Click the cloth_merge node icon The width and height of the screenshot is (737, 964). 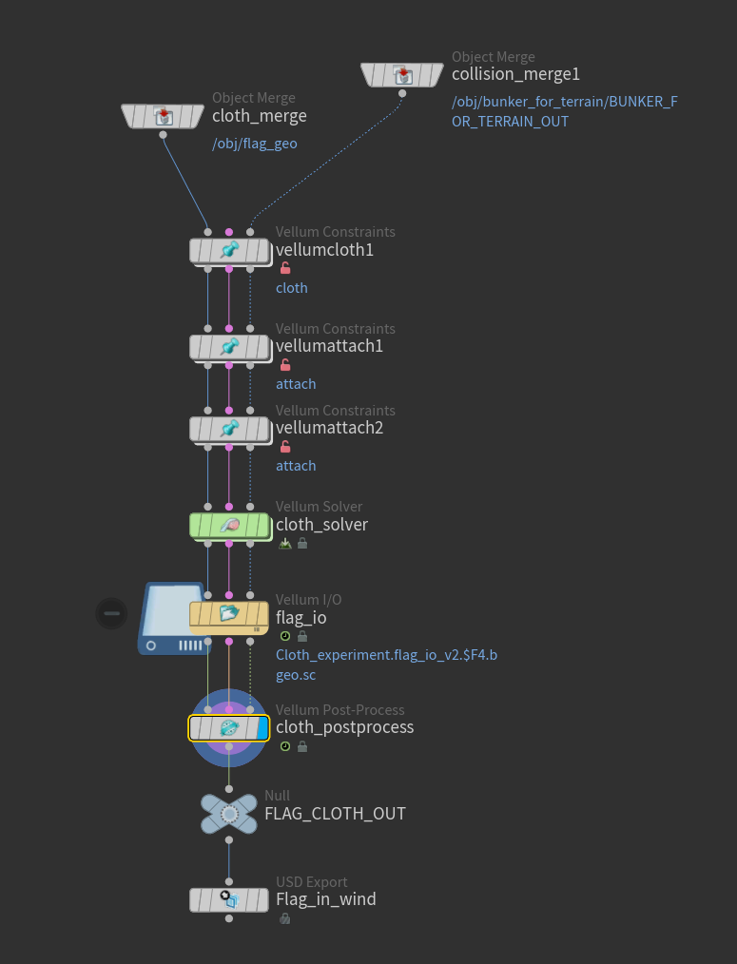point(163,116)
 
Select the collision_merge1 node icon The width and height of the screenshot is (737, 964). point(402,74)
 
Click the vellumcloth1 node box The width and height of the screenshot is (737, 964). point(229,250)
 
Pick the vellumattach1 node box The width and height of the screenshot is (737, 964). point(229,347)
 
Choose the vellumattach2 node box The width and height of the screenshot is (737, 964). point(229,429)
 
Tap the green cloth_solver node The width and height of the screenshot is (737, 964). point(229,525)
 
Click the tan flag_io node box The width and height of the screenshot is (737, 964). point(229,616)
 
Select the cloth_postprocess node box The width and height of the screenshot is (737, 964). point(229,728)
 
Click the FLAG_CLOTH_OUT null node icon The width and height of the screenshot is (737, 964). point(229,814)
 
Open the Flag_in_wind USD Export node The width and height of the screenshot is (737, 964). point(229,899)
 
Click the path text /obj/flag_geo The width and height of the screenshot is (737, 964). point(255,145)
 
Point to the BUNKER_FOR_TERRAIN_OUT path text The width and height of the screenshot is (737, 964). point(564,111)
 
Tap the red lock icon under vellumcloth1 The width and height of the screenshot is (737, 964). point(285,269)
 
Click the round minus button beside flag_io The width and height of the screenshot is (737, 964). point(112,613)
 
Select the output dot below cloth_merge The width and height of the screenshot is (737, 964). point(163,135)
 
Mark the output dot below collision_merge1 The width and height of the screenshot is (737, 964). point(402,93)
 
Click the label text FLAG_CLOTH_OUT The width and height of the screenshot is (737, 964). point(335,814)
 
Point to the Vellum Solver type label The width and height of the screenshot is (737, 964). point(319,507)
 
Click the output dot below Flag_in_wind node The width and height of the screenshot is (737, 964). point(229,918)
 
